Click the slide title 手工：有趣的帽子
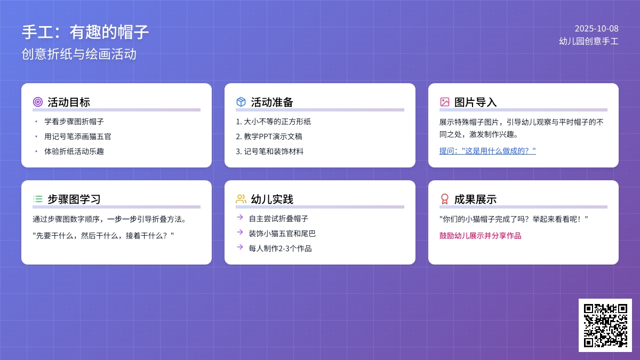(85, 32)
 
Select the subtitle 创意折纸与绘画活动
(79, 54)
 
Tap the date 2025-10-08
(597, 29)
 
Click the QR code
(605, 325)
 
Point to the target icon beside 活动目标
(38, 102)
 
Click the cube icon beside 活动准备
(241, 102)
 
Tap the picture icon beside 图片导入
(445, 102)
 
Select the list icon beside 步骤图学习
(38, 199)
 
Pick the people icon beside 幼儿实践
(241, 199)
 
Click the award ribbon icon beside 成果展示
(445, 199)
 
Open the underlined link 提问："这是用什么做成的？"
(487, 151)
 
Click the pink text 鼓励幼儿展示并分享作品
(481, 236)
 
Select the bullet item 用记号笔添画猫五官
(77, 137)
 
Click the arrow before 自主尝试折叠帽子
(240, 218)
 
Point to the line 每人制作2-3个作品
(280, 249)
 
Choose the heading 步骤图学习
(74, 199)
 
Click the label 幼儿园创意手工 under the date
(589, 42)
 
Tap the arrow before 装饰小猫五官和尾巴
(240, 233)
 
